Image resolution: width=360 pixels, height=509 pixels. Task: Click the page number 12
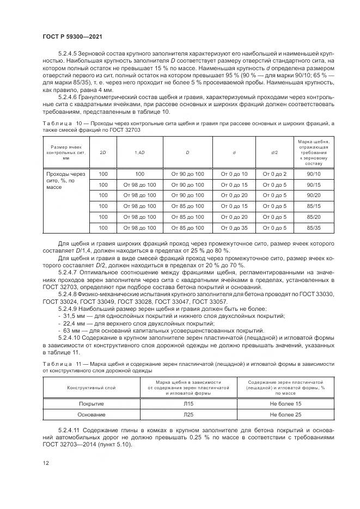[45, 463]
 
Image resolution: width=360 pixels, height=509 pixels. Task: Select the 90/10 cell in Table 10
[313, 174]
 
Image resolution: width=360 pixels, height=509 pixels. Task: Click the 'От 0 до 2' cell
[274, 174]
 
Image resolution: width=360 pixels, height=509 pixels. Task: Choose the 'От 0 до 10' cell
[234, 174]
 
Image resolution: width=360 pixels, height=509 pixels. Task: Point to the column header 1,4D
[139, 153]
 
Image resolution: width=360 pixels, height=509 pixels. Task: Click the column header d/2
[274, 153]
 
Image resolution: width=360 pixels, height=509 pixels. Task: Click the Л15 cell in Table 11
[188, 403]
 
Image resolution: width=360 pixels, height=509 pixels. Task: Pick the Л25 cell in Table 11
[188, 415]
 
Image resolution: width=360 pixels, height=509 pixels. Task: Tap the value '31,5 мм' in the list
[73, 316]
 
